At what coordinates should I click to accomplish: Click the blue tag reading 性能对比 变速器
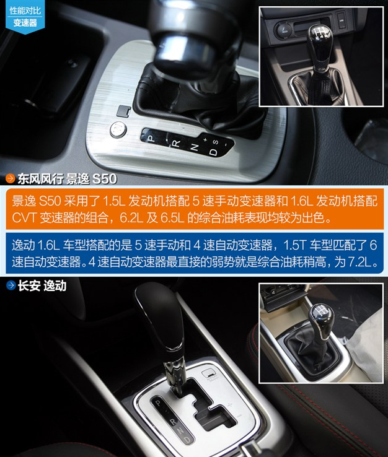pos(25,17)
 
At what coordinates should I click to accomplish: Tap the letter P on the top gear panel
pos(151,138)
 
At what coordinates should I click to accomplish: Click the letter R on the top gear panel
pos(177,144)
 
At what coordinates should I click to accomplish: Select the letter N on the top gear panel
pos(194,147)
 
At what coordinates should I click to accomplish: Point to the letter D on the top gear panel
pos(214,152)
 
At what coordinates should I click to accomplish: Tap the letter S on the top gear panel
pos(215,142)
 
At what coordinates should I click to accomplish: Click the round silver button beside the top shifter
pos(118,129)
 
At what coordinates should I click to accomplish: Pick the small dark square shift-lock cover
pos(124,111)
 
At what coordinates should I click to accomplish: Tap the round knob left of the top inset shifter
pos(283,30)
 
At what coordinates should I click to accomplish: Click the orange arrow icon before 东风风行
pos(11,178)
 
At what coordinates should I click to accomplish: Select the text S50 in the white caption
pos(105,179)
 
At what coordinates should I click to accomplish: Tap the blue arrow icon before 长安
pos(11,285)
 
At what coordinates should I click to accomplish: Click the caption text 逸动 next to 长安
pos(55,285)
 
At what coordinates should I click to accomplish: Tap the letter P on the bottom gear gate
pos(158,403)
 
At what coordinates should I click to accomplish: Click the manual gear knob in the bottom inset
pos(321,317)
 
